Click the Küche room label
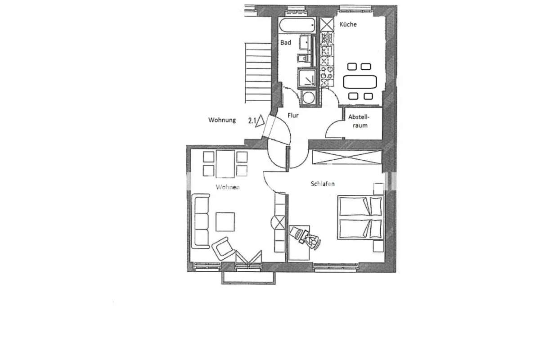348,24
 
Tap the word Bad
286,43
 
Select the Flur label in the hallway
293,116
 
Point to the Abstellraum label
359,121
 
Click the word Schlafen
323,184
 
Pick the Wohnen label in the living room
228,187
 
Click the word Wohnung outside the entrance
222,120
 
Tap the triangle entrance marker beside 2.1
260,121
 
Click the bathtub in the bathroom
297,25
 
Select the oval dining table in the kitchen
360,82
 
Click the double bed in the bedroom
360,217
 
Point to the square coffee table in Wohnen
225,222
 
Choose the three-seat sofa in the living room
201,221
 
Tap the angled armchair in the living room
223,248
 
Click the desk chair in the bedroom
313,241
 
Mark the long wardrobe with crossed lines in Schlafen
347,157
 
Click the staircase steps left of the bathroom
258,72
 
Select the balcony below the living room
248,278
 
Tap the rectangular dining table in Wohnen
225,164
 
